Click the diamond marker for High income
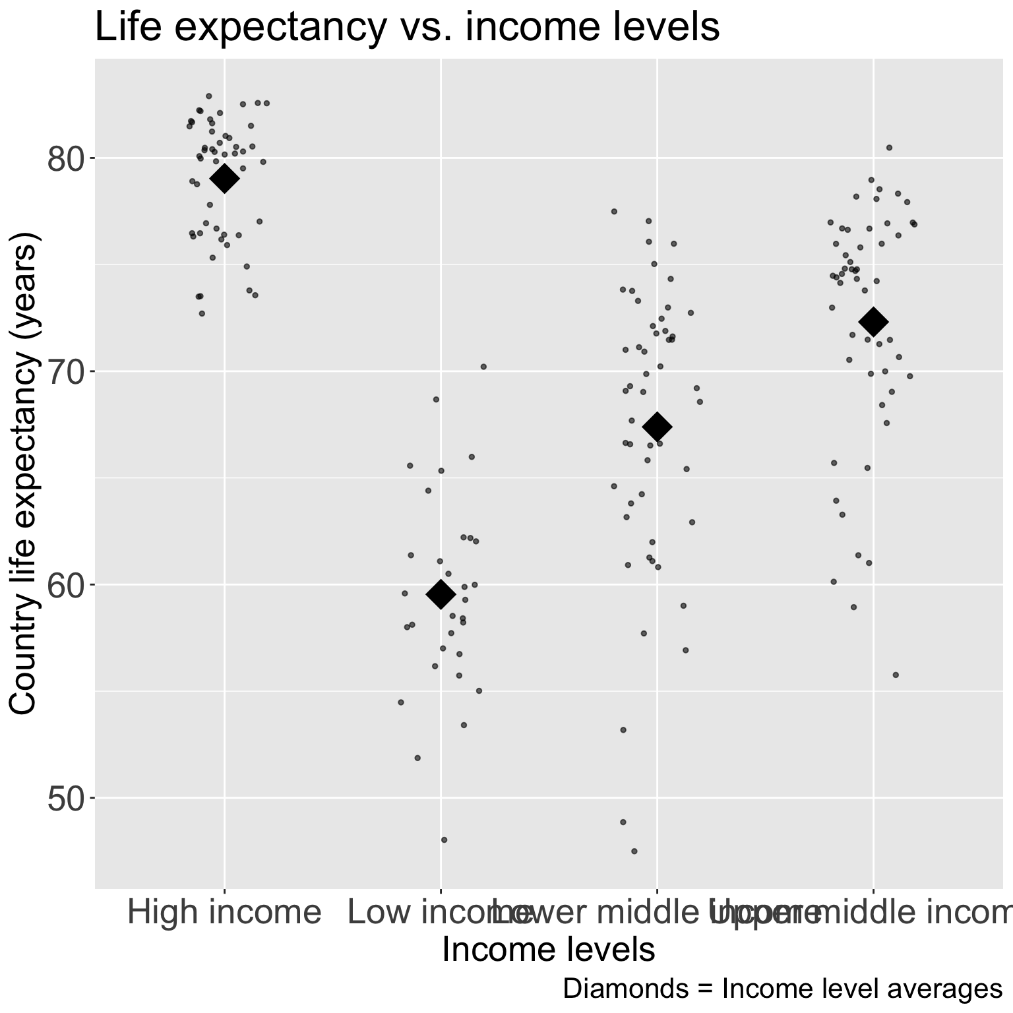click(224, 178)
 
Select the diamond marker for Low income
click(441, 594)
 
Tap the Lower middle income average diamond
click(657, 427)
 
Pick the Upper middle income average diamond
click(873, 322)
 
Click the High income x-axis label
click(224, 913)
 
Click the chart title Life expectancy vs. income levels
click(407, 28)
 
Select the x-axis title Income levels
click(548, 950)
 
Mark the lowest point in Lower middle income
click(634, 851)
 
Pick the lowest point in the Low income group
click(444, 840)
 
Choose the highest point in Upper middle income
click(889, 147)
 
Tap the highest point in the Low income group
click(483, 367)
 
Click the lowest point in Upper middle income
click(896, 675)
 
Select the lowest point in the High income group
click(202, 313)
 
